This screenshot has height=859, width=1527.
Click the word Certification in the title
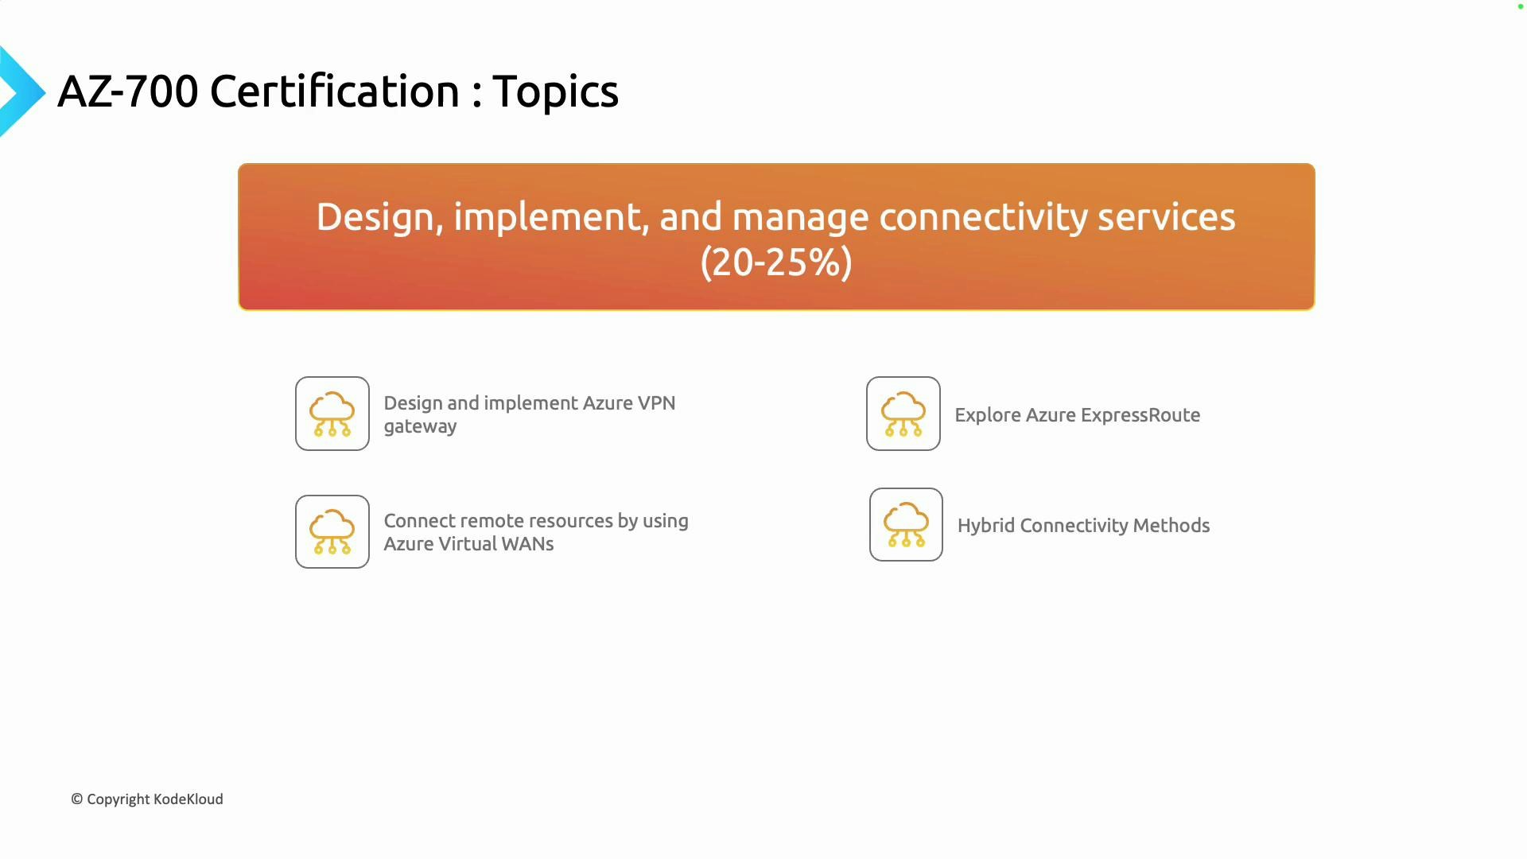(334, 91)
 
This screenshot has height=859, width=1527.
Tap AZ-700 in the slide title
(127, 91)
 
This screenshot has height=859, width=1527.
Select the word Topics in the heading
(555, 91)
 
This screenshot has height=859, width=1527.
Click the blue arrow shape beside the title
(20, 91)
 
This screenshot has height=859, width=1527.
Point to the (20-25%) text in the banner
(776, 262)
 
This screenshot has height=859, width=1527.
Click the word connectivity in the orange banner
(983, 217)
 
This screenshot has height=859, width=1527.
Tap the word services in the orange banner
(1166, 217)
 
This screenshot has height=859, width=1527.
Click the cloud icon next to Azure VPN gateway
(332, 414)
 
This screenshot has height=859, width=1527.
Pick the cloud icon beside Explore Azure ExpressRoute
(903, 414)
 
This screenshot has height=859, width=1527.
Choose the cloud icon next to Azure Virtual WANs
(332, 531)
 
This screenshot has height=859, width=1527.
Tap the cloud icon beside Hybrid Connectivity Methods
(906, 525)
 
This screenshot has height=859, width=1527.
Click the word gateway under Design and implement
(420, 427)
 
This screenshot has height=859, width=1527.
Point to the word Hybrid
(986, 526)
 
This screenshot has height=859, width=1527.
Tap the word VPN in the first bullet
(656, 403)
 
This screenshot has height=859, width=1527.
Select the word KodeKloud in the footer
(188, 799)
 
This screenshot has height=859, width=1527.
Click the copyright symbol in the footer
(77, 799)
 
